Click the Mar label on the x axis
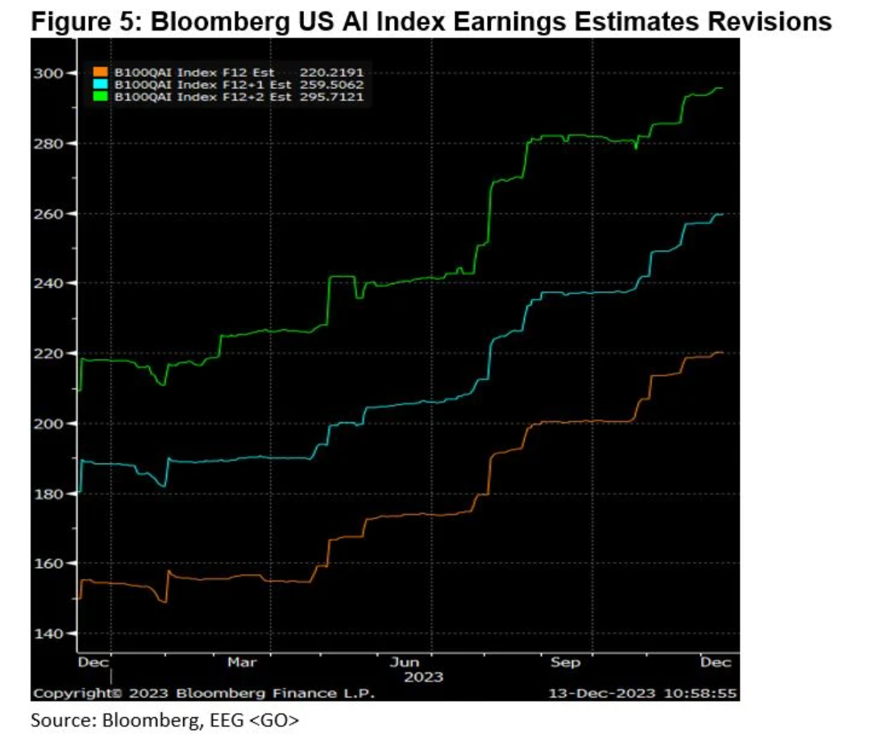pos(242,662)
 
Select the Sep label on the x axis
pos(565,662)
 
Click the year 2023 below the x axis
pos(423,677)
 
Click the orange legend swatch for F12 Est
pos(101,73)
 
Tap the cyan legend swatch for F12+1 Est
pos(101,84)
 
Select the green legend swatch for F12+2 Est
pos(101,96)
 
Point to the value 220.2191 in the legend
pos(332,73)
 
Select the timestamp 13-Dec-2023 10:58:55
pos(642,693)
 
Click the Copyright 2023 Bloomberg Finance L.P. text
pos(203,693)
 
